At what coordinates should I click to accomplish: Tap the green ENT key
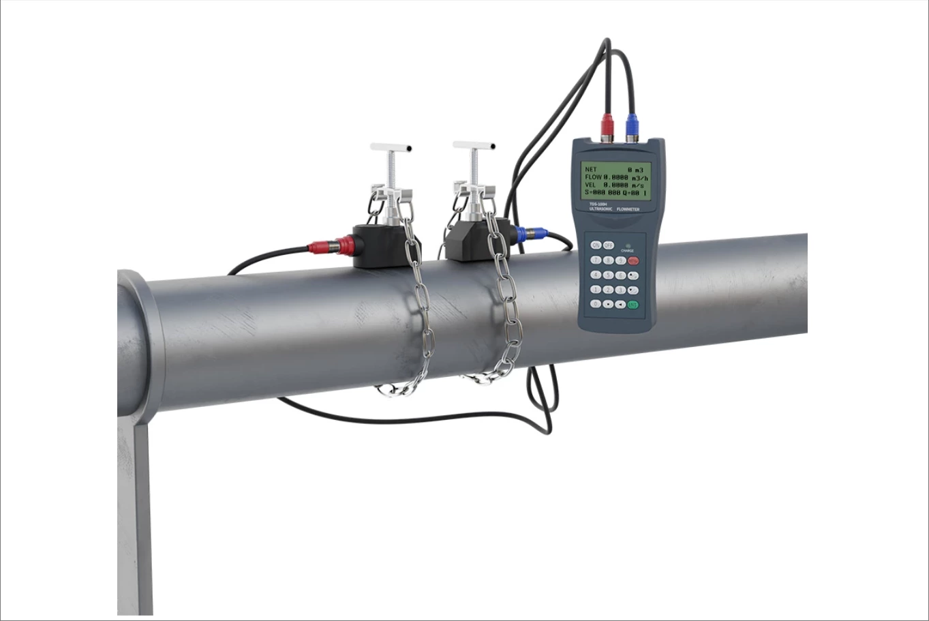(633, 305)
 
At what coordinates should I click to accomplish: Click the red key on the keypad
(633, 260)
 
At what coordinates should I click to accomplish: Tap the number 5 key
(608, 275)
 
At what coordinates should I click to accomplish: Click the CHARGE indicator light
(628, 246)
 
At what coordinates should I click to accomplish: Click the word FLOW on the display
(593, 177)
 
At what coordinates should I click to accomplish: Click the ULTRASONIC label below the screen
(600, 209)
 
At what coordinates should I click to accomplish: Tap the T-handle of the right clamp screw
(474, 145)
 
